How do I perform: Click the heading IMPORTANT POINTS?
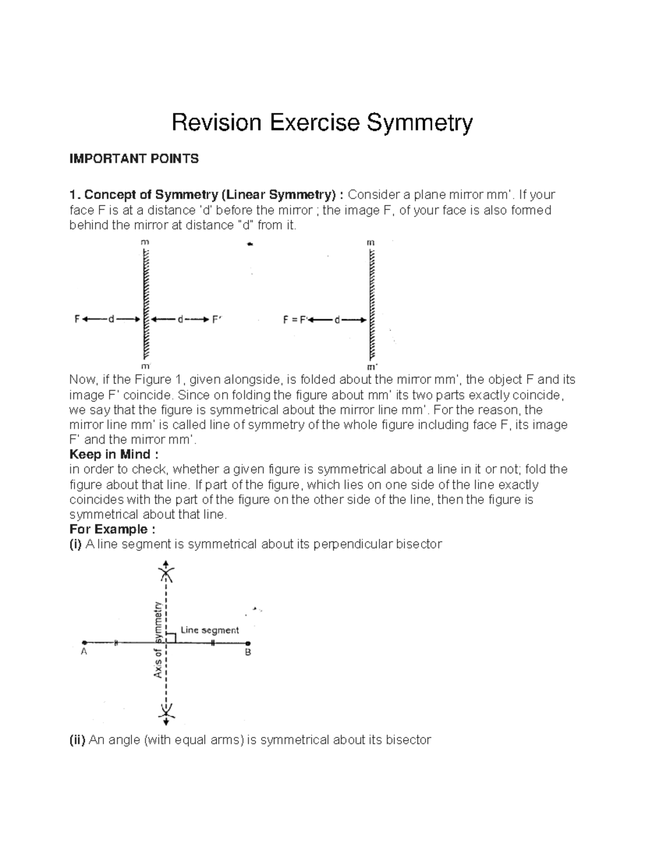[134, 159]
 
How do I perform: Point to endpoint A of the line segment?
[84, 643]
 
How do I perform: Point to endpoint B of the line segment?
[248, 643]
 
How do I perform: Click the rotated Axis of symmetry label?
[159, 639]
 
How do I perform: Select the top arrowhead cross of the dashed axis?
[166, 572]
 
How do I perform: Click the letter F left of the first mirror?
[77, 319]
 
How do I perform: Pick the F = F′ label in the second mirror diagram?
[296, 319]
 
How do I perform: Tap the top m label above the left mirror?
[145, 242]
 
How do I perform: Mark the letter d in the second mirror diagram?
[338, 319]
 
